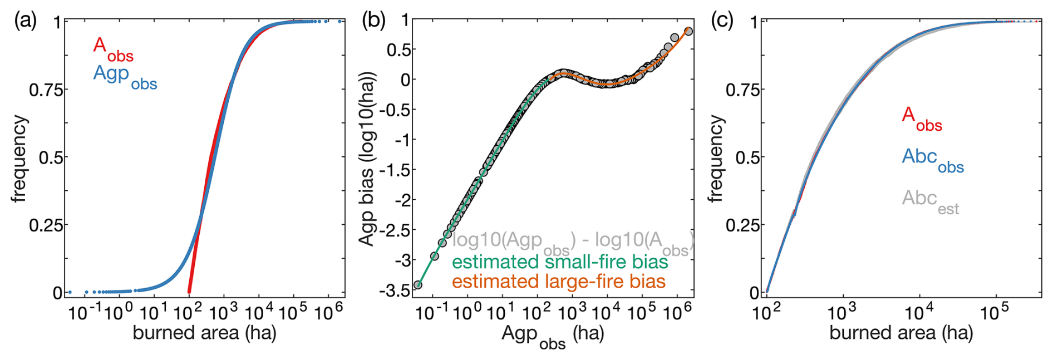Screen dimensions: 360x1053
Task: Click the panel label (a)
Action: pyautogui.click(x=26, y=21)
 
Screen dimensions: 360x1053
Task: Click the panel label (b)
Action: pyautogui.click(x=373, y=21)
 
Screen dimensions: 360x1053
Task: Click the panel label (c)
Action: pyautogui.click(x=722, y=21)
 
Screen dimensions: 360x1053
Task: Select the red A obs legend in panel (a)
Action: pyautogui.click(x=113, y=49)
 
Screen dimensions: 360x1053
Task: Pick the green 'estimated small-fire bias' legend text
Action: pyautogui.click(x=559, y=262)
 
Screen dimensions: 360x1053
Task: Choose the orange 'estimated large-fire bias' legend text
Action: pyautogui.click(x=558, y=282)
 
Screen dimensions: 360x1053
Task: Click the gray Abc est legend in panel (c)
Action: pyautogui.click(x=930, y=201)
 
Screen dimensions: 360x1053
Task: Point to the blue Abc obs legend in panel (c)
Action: pyautogui.click(x=933, y=160)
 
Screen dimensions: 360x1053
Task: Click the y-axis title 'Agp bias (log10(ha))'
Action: pyautogui.click(x=367, y=159)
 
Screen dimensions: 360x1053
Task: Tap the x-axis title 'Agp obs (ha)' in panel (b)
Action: pyautogui.click(x=552, y=336)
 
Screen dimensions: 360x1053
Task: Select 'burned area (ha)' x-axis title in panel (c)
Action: pyautogui.click(x=901, y=333)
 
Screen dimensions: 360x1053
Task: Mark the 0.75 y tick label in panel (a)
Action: pyautogui.click(x=46, y=90)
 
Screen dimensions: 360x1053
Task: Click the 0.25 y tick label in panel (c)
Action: pyautogui.click(x=742, y=225)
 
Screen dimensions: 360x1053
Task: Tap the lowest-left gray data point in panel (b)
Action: pyautogui.click(x=418, y=285)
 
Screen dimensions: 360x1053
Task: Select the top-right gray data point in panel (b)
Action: pyautogui.click(x=688, y=31)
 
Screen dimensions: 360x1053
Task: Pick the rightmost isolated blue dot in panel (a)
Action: pyautogui.click(x=339, y=21)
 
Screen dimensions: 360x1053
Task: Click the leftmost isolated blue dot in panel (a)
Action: pyautogui.click(x=70, y=292)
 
